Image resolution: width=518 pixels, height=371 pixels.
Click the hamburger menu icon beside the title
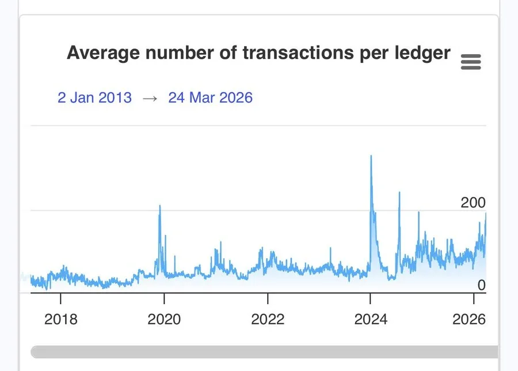[471, 62]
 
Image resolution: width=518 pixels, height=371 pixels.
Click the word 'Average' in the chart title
[102, 52]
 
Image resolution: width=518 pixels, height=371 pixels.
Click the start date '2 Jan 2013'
[94, 97]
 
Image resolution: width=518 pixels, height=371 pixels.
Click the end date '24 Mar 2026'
[210, 97]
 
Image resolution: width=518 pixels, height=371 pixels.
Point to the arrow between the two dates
[150, 98]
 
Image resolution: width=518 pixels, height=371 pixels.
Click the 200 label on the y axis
[473, 203]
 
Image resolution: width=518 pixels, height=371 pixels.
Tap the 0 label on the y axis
[481, 285]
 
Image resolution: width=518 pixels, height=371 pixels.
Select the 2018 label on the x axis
[60, 319]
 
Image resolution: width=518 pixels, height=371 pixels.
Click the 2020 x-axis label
[164, 319]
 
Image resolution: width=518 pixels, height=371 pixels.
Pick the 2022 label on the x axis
[268, 319]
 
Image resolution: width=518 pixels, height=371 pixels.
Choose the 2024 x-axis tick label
[370, 319]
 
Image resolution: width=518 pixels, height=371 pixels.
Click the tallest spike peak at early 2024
[371, 156]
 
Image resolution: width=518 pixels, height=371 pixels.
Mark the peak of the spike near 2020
[159, 206]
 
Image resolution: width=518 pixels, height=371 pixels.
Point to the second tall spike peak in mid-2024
[399, 192]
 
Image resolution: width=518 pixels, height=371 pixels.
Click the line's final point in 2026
[486, 214]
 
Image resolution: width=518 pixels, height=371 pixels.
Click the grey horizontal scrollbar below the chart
[265, 352]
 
